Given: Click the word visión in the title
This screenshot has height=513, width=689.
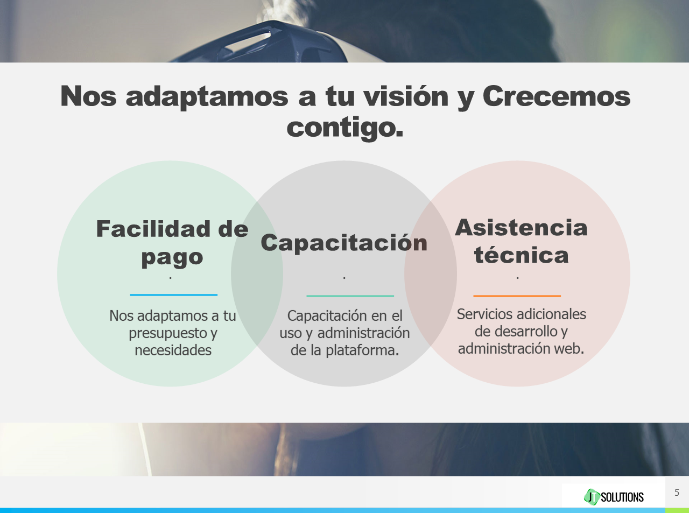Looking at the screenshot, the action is click(x=406, y=96).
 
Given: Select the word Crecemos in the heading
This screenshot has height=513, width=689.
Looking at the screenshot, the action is click(x=557, y=96).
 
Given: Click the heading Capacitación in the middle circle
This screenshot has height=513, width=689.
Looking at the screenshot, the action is click(x=344, y=243).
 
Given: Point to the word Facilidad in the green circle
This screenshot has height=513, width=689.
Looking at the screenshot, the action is click(x=153, y=229).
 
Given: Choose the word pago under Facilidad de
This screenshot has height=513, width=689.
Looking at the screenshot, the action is click(x=172, y=258).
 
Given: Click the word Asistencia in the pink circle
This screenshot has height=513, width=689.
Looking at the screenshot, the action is click(x=521, y=228).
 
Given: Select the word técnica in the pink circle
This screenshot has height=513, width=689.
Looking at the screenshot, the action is click(x=521, y=255).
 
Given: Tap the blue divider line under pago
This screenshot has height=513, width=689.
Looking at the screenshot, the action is click(x=174, y=295).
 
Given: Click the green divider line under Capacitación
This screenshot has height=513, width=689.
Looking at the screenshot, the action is click(x=350, y=296).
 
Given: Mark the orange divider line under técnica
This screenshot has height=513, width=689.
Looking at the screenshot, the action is click(x=517, y=296).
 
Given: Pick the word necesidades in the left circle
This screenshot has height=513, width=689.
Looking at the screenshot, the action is click(x=173, y=350).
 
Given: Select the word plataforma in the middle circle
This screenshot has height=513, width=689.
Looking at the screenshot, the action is click(x=362, y=350).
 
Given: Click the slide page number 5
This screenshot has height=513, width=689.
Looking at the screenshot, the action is click(x=677, y=493).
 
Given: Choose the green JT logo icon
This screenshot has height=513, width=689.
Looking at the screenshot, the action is click(x=592, y=496).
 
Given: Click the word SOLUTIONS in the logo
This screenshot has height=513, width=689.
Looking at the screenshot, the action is click(x=622, y=497).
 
